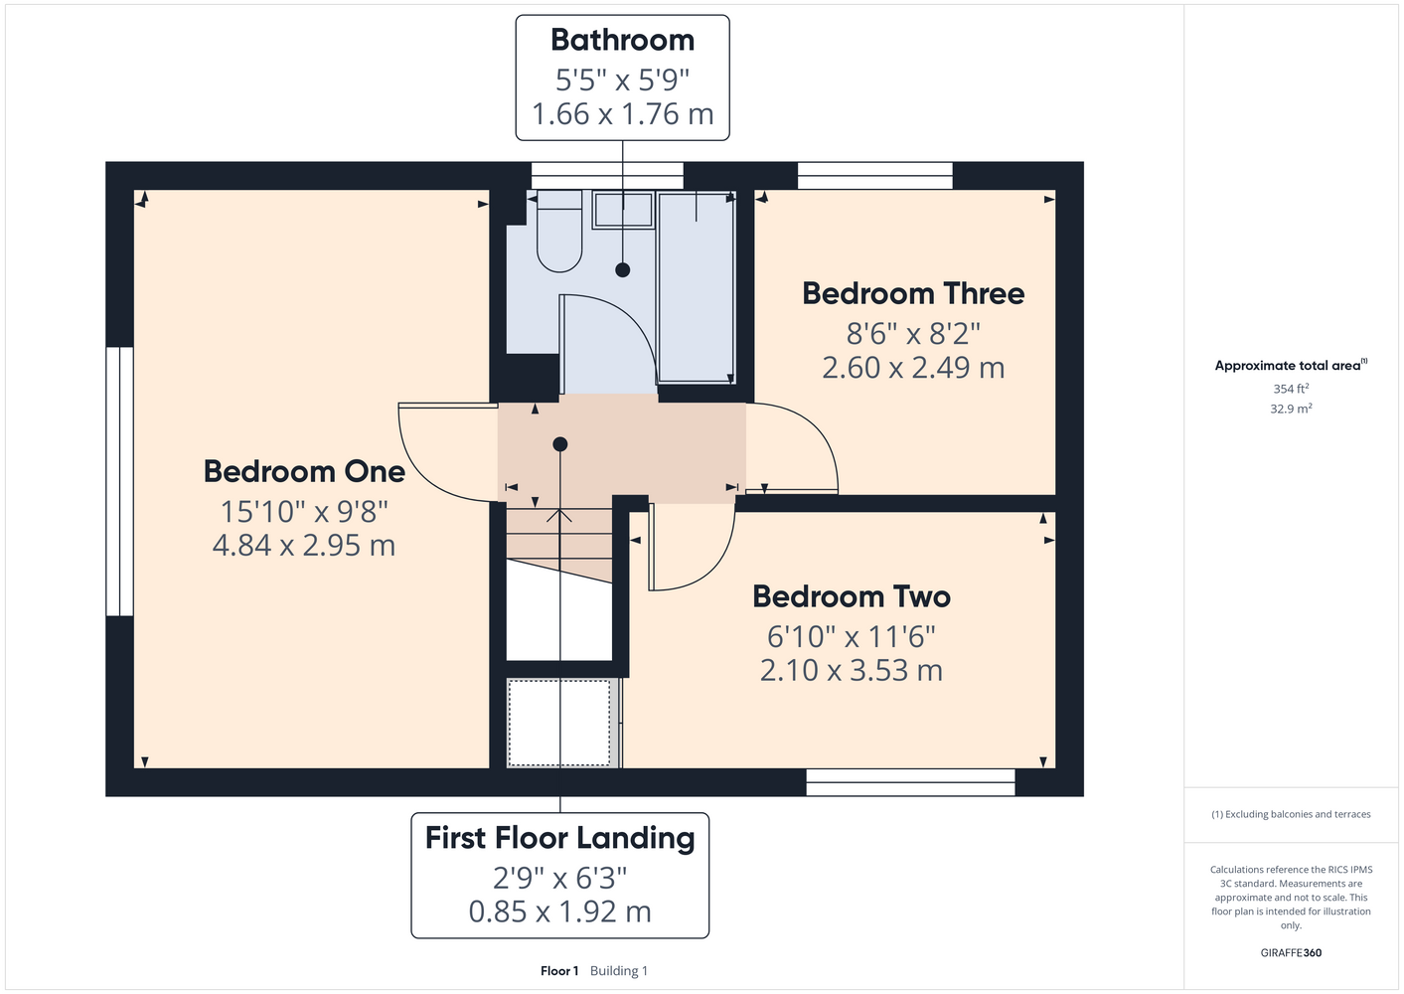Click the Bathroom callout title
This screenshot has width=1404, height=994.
pyautogui.click(x=622, y=40)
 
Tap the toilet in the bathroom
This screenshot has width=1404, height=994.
pyautogui.click(x=559, y=232)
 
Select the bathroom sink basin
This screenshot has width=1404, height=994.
pyautogui.click(x=623, y=210)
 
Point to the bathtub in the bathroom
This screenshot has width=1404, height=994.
pyautogui.click(x=696, y=287)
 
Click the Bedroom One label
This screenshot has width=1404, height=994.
pyautogui.click(x=304, y=471)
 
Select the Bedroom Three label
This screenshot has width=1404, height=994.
pyautogui.click(x=913, y=293)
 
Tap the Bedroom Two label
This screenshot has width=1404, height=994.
pyautogui.click(x=852, y=596)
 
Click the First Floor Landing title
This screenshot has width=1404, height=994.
pyautogui.click(x=559, y=838)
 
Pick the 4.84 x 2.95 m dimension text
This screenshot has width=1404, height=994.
pyautogui.click(x=304, y=545)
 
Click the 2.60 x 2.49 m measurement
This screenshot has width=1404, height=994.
pyautogui.click(x=913, y=368)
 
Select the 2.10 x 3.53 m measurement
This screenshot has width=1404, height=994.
pyautogui.click(x=852, y=670)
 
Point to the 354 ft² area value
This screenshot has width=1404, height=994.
pyautogui.click(x=1291, y=389)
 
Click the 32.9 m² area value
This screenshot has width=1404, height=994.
pyautogui.click(x=1291, y=409)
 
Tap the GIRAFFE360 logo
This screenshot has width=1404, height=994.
pyautogui.click(x=1291, y=952)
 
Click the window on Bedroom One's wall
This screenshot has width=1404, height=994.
pyautogui.click(x=119, y=481)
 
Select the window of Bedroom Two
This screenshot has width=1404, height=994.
pyautogui.click(x=910, y=782)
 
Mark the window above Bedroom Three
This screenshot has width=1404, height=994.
pyautogui.click(x=875, y=176)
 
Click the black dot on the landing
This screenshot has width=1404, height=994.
pyautogui.click(x=559, y=444)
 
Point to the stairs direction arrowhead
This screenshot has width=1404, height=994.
pyautogui.click(x=559, y=515)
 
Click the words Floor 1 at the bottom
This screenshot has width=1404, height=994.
pyautogui.click(x=559, y=971)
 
